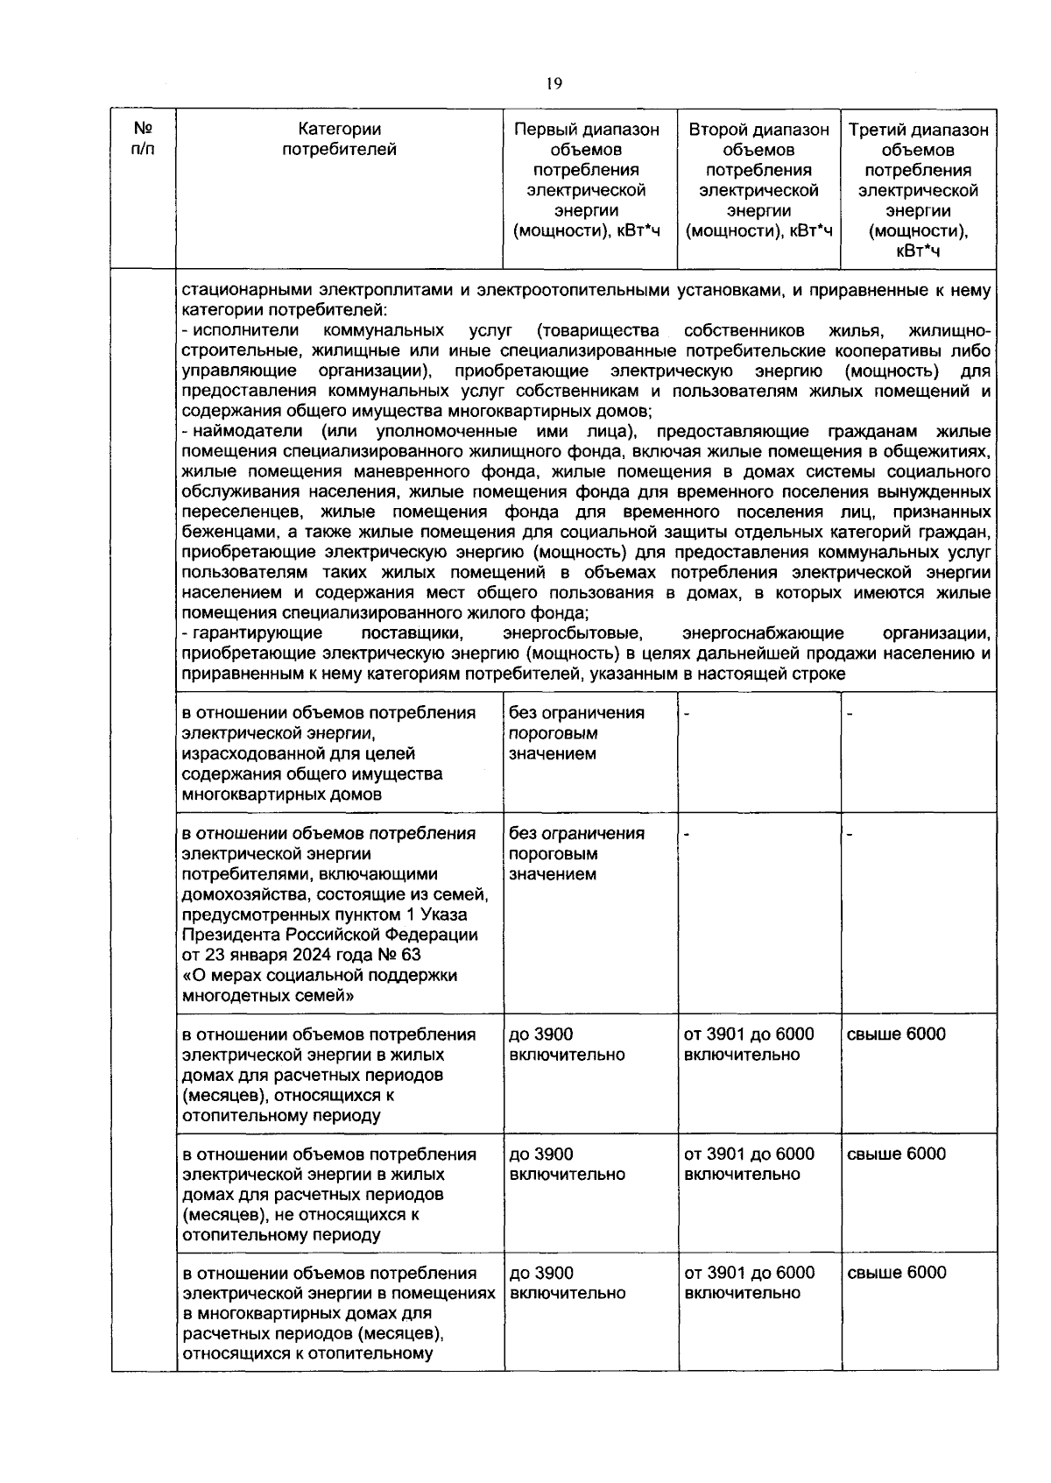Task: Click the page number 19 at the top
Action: point(553,84)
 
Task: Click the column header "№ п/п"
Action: point(141,139)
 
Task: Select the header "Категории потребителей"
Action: point(339,139)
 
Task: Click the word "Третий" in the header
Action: point(876,130)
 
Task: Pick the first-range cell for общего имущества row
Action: point(576,733)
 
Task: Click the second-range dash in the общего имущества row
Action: point(687,714)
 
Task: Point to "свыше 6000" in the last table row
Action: point(896,1273)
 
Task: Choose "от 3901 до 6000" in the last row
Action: point(749,1273)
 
